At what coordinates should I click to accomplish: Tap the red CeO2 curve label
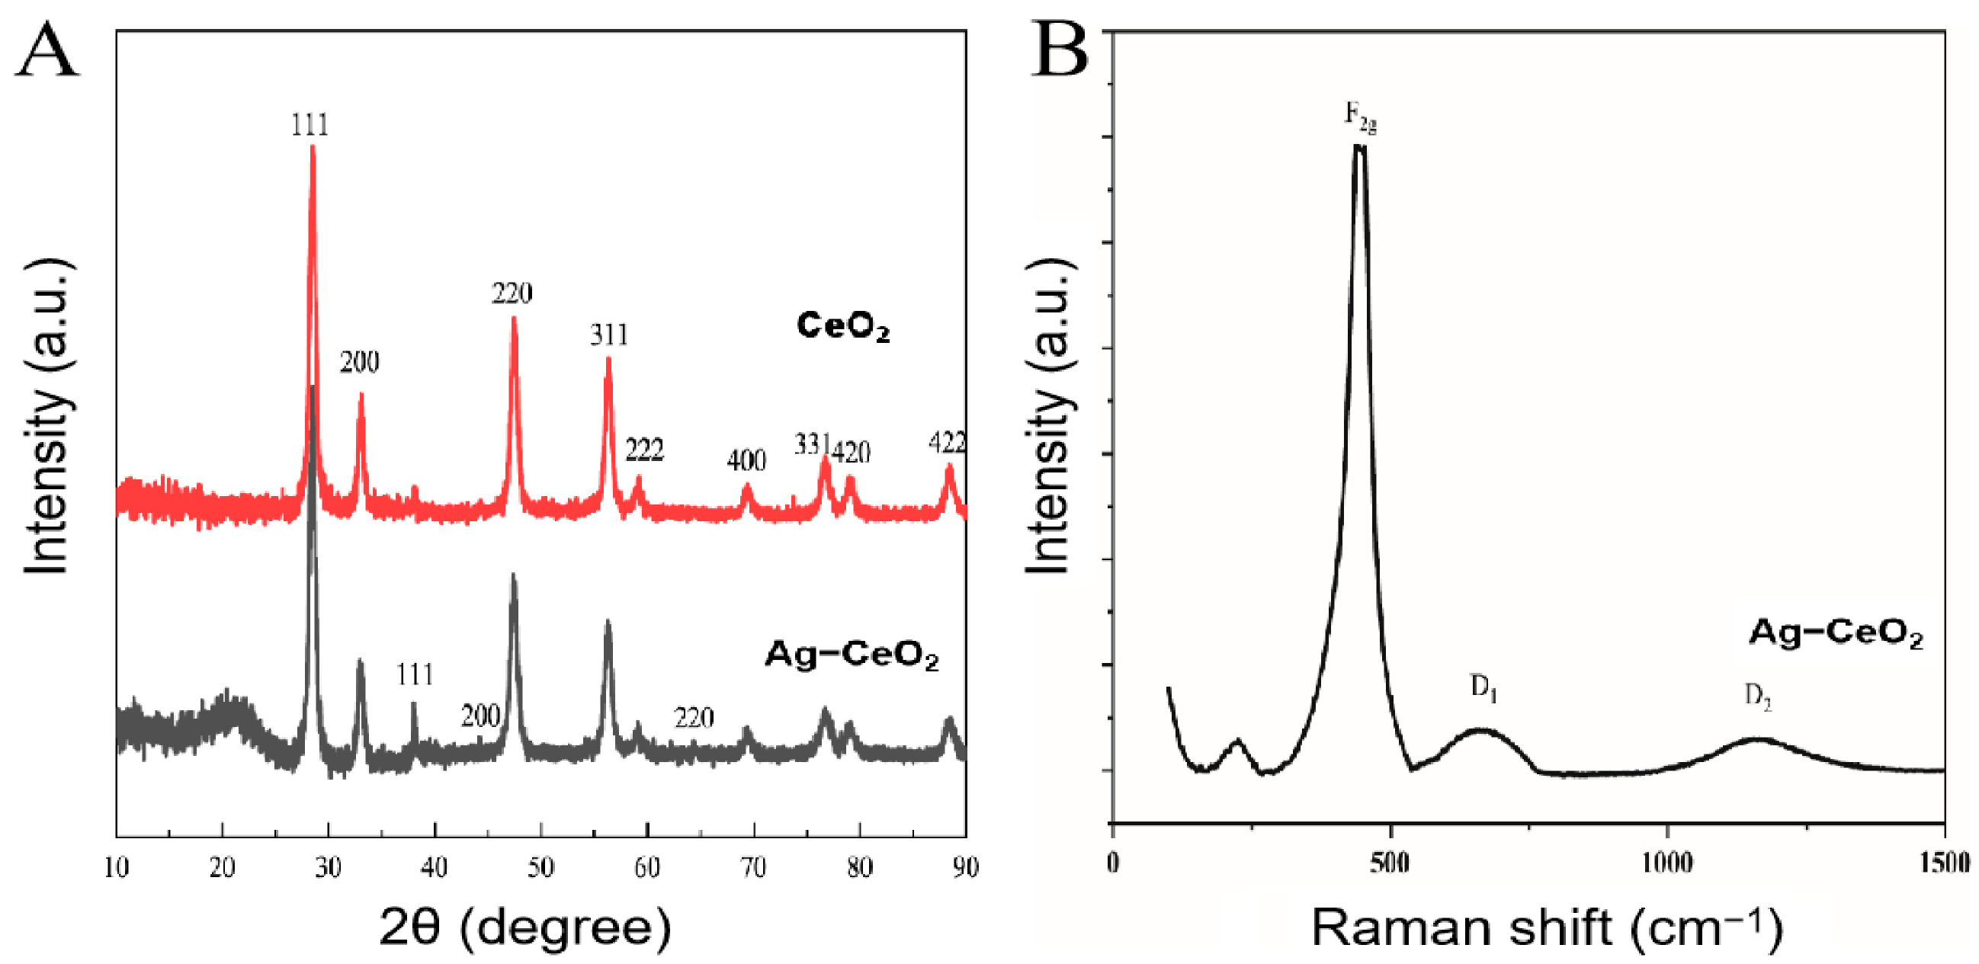pos(843,325)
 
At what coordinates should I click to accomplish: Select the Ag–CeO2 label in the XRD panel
pos(852,655)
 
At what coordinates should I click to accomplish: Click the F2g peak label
pos(1360,117)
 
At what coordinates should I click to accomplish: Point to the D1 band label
pos(1483,686)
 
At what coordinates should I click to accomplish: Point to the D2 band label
pos(1758,696)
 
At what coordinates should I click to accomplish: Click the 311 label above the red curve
pos(609,335)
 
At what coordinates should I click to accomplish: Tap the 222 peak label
pos(644,450)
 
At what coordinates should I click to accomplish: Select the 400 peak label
pos(746,460)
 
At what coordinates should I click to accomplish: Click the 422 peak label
pos(947,444)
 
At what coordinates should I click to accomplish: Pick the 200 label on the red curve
pos(360,362)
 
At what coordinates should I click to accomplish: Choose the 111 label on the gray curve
pos(415,674)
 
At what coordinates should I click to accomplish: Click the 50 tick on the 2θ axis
pos(540,867)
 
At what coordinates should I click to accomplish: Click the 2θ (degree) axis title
pos(524,927)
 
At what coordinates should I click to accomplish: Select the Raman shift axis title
pos(1546,927)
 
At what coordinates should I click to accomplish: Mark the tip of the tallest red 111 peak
pos(313,147)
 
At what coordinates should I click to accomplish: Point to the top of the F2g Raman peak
pos(1359,146)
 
